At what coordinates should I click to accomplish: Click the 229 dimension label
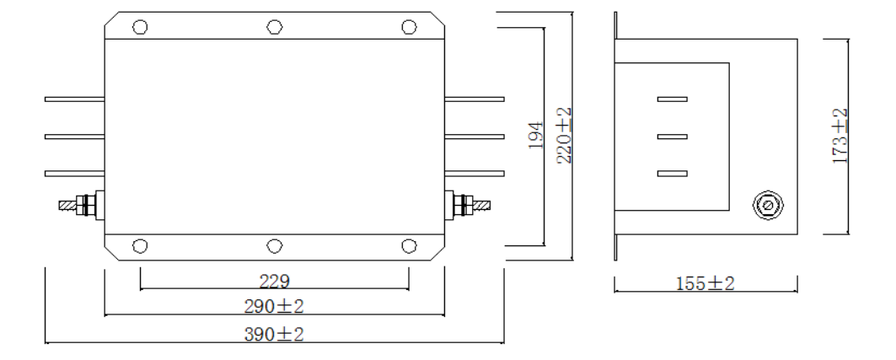click(x=274, y=281)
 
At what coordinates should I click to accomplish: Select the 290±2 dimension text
click(x=274, y=305)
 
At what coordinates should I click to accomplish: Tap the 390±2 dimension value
click(x=274, y=335)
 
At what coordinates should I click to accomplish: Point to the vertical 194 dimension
click(x=534, y=135)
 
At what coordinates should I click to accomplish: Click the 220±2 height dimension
click(x=563, y=135)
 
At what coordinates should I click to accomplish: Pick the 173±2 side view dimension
click(x=840, y=136)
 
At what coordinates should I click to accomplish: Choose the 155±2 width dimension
click(x=706, y=283)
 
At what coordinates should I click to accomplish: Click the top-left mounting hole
click(x=141, y=25)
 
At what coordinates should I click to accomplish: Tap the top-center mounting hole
click(x=274, y=25)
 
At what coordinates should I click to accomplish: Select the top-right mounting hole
click(x=409, y=25)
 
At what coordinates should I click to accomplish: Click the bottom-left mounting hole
click(x=141, y=245)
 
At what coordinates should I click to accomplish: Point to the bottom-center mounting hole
click(x=274, y=245)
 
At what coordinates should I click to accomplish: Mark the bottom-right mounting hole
click(x=409, y=245)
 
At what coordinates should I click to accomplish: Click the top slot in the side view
click(x=672, y=99)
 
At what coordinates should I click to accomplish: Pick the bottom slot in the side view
click(x=672, y=174)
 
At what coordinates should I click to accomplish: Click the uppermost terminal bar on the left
click(x=74, y=99)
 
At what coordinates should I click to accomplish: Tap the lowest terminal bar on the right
click(x=474, y=174)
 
